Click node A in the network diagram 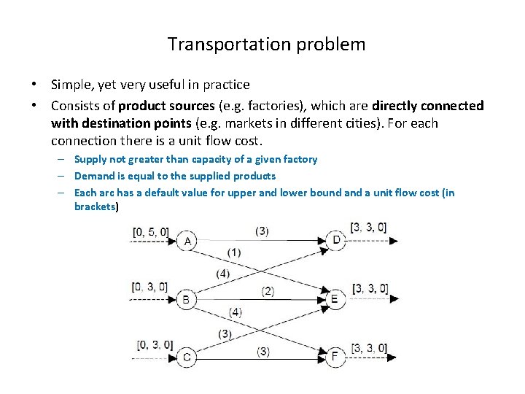click(x=188, y=241)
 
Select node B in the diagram click(x=186, y=298)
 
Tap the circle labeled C click(x=187, y=357)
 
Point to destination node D click(x=335, y=240)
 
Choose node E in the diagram click(x=335, y=298)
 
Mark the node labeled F click(x=335, y=357)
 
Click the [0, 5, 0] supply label click(x=150, y=233)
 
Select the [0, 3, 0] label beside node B click(x=149, y=287)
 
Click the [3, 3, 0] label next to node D click(x=368, y=227)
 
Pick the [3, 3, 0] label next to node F click(x=369, y=348)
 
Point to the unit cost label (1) click(x=233, y=252)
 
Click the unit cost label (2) click(x=268, y=291)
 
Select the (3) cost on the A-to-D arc click(x=261, y=231)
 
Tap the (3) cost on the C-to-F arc click(x=262, y=351)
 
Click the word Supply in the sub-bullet click(x=90, y=159)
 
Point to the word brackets click(x=95, y=206)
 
